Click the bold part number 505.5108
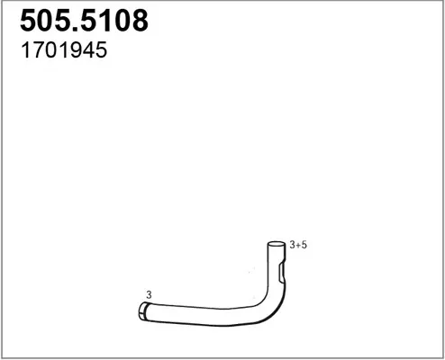[x=84, y=21]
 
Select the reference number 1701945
[x=64, y=49]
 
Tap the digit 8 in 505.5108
[x=140, y=21]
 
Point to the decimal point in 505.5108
[x=76, y=29]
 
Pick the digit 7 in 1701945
[x=39, y=49]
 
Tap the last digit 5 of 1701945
[x=101, y=50]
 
